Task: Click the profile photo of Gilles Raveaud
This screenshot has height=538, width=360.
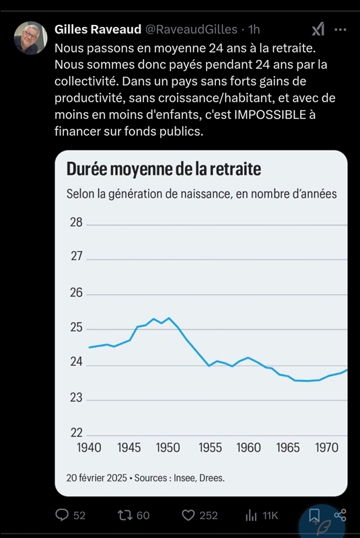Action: click(30, 38)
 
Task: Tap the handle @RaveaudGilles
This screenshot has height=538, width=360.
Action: click(191, 30)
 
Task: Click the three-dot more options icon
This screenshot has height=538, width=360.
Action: click(340, 30)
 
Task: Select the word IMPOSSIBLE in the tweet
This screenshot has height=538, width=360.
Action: click(270, 114)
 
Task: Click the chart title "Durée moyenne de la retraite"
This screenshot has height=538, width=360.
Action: click(164, 169)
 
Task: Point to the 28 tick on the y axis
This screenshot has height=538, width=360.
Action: click(76, 223)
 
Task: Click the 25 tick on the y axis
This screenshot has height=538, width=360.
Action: click(76, 328)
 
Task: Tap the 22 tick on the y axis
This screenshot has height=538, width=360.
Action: click(76, 432)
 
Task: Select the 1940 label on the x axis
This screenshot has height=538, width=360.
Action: click(89, 447)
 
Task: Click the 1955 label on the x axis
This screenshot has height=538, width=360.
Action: click(210, 447)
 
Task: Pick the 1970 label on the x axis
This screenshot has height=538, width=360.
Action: click(327, 447)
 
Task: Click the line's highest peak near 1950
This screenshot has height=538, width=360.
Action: click(169, 318)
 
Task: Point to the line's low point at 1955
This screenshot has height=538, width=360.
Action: click(209, 366)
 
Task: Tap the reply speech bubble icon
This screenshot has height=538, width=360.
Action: click(62, 515)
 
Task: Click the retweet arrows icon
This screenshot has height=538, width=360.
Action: click(124, 515)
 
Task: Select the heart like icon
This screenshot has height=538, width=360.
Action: click(188, 515)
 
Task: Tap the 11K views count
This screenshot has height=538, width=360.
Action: click(270, 515)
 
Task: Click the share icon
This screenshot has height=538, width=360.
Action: click(340, 515)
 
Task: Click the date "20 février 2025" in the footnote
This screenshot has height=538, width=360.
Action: click(97, 478)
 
